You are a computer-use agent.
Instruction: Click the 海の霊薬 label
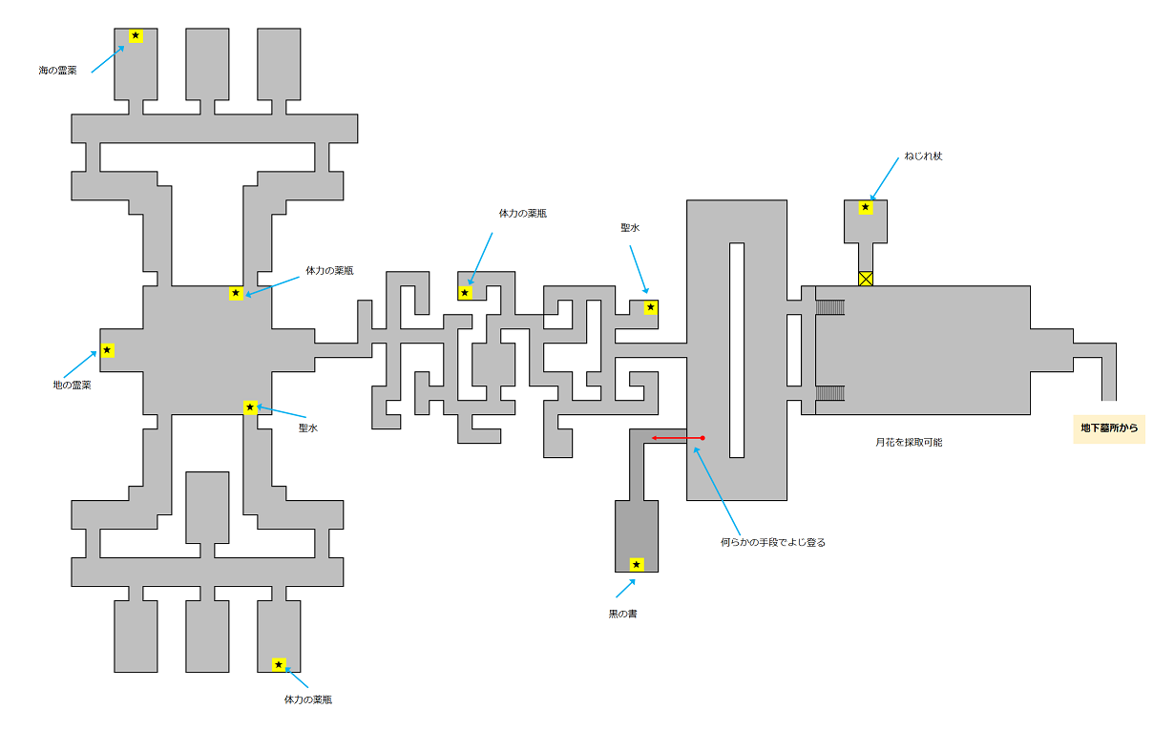58,71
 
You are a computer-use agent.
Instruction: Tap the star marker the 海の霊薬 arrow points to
136,36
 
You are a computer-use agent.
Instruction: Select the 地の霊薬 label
73,386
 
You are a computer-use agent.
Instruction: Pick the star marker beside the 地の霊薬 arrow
107,350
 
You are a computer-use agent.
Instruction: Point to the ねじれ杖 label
923,156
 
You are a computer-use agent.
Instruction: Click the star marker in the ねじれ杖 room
866,207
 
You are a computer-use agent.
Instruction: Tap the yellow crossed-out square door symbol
866,279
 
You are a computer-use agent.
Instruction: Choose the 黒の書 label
622,614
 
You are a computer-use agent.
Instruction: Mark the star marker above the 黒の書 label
637,565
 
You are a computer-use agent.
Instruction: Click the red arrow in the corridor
677,438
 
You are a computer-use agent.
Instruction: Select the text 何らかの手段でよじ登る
773,542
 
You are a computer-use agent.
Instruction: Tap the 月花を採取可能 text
909,442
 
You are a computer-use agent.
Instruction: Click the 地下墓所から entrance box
1109,428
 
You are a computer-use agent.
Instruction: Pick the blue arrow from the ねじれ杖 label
885,178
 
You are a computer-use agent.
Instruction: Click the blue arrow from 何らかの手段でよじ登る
717,489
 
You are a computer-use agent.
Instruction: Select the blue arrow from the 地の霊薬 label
80,365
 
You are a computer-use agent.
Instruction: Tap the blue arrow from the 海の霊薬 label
108,59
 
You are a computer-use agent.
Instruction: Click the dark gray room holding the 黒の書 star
637,535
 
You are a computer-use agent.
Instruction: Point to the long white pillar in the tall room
737,349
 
